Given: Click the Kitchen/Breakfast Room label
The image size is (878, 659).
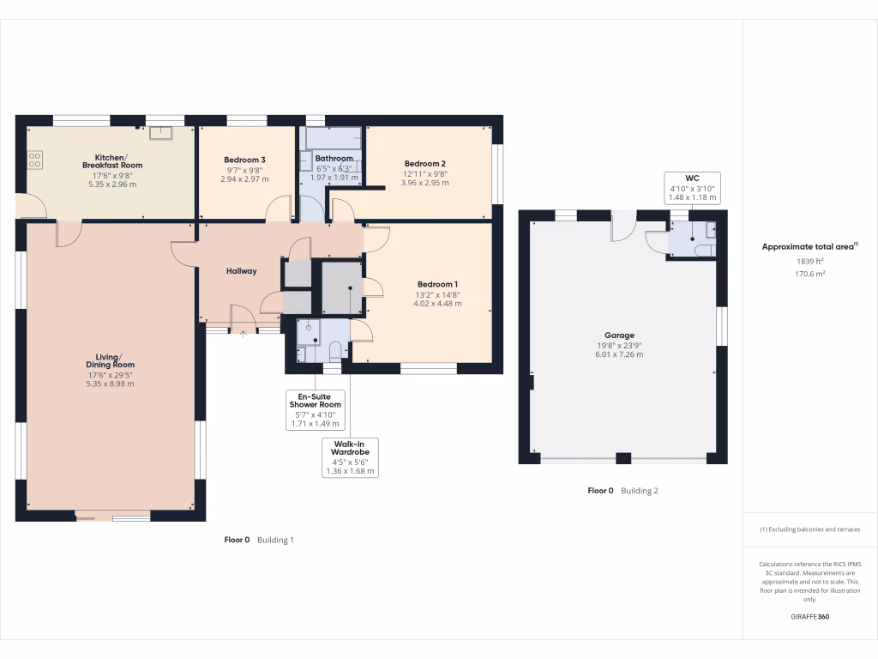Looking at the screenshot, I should [112, 161].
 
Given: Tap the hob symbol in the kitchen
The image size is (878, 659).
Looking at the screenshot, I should [36, 160].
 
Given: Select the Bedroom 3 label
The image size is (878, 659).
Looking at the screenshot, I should [244, 160].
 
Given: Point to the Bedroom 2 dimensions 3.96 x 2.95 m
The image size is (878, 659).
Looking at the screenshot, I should [424, 183].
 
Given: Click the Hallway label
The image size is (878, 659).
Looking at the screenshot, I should [241, 271].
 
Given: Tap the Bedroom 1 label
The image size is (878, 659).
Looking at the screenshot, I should [437, 284].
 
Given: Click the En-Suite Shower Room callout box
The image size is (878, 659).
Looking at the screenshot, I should [316, 409].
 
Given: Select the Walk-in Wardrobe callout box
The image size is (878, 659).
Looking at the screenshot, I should [349, 457].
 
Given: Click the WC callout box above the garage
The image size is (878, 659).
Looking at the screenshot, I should [691, 188].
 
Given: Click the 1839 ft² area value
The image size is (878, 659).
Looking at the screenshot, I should [810, 262].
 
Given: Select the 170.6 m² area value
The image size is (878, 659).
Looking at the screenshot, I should [810, 275].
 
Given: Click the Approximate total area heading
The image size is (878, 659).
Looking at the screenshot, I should [809, 246].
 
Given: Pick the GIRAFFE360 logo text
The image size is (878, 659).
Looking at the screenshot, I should [809, 617].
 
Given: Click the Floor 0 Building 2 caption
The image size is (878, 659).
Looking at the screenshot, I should [622, 491].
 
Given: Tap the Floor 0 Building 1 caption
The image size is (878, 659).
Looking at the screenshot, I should [259, 540].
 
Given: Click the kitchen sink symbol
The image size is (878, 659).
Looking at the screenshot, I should [160, 132].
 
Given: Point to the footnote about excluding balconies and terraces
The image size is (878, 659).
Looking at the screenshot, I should [810, 529].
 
